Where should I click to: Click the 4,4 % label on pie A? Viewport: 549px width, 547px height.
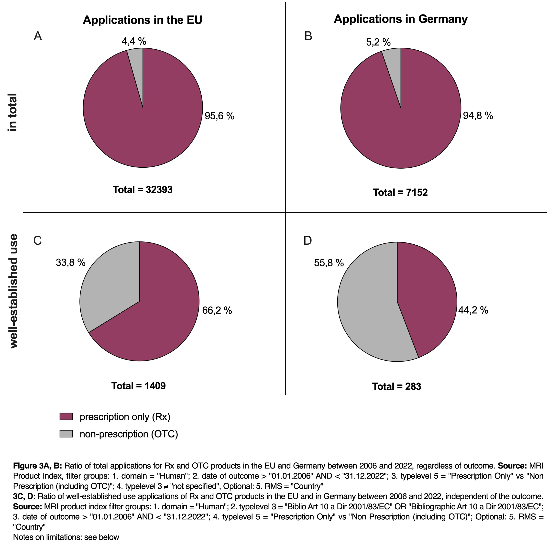[x=134, y=42]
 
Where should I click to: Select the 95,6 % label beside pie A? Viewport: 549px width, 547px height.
[x=220, y=116]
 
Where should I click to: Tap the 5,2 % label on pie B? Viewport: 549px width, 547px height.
[x=378, y=42]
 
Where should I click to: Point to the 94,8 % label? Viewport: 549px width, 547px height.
[x=478, y=116]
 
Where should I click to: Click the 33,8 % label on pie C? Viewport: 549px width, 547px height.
[x=70, y=263]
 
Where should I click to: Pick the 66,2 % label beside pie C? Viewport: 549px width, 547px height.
[x=217, y=310]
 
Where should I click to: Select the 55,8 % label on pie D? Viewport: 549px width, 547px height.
[x=329, y=263]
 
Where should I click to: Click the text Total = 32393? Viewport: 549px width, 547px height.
[x=143, y=189]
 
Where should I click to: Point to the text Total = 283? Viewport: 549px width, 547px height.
[x=397, y=386]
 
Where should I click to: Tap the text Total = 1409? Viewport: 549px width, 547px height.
[x=138, y=386]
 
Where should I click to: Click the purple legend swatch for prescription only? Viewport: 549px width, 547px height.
[x=66, y=416]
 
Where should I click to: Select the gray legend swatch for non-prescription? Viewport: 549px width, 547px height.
[x=66, y=434]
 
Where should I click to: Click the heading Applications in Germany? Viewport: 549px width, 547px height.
[x=401, y=19]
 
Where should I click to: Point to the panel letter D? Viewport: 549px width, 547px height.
[x=307, y=241]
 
